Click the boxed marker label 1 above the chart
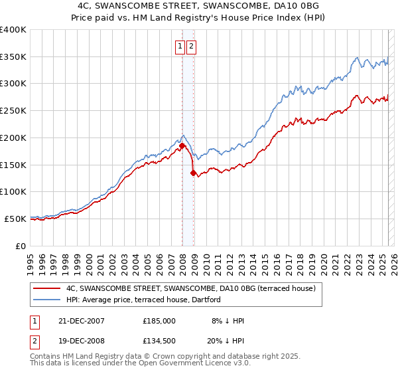tap(180, 46)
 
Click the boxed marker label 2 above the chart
tap(191, 46)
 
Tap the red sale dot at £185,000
tap(182, 145)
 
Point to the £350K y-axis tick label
tap(13, 56)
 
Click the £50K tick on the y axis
tap(16, 219)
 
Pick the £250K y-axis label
tap(13, 111)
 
